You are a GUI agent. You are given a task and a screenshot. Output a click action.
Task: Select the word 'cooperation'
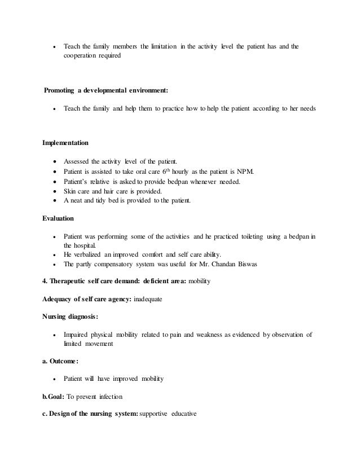[x=80, y=56]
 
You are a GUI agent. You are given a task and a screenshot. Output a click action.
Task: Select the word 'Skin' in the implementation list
[x=70, y=191]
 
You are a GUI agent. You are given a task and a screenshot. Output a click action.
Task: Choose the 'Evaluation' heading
[x=58, y=217]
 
